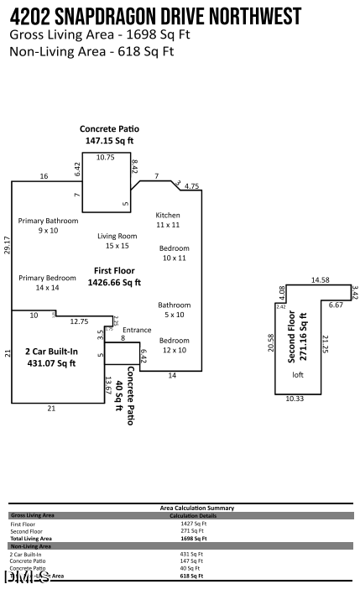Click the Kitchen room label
coord(168,216)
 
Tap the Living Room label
coord(117,236)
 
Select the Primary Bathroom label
coord(48,221)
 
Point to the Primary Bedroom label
coord(47,278)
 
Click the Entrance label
coord(137,330)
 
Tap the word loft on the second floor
coord(297,374)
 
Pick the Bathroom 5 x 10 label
coord(175,305)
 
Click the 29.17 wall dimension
coord(7,245)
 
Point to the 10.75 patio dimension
coord(105,157)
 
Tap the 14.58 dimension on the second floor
coord(320,279)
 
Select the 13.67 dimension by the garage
coord(107,389)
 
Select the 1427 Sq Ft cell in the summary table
coord(193,523)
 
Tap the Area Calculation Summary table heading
coord(197,508)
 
